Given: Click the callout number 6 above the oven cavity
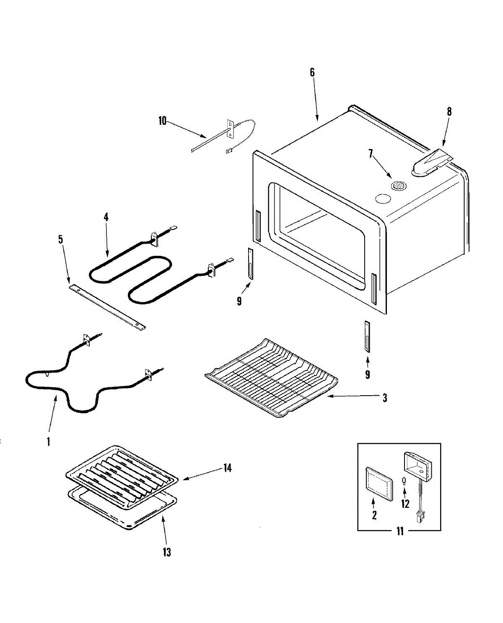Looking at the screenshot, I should (312, 72).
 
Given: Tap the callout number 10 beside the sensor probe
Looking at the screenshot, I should (163, 121).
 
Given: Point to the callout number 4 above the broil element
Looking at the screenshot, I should (106, 217).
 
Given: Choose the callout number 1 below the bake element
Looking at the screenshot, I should (49, 441).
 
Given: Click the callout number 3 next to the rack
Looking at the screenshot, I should (384, 398).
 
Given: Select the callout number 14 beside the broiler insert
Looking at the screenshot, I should (227, 468).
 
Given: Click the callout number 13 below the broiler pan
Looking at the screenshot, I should (167, 553).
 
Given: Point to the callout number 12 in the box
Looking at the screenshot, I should (405, 504).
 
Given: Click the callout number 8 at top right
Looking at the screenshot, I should (449, 112).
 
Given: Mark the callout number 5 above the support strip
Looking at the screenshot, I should (61, 239).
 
